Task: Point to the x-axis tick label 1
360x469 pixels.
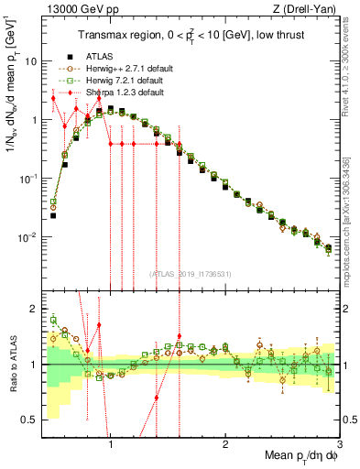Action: pos(111,442)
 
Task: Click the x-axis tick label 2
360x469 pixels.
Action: pos(225,442)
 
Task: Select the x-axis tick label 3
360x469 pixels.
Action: pos(339,442)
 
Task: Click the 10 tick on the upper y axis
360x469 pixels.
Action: pos(31,61)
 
